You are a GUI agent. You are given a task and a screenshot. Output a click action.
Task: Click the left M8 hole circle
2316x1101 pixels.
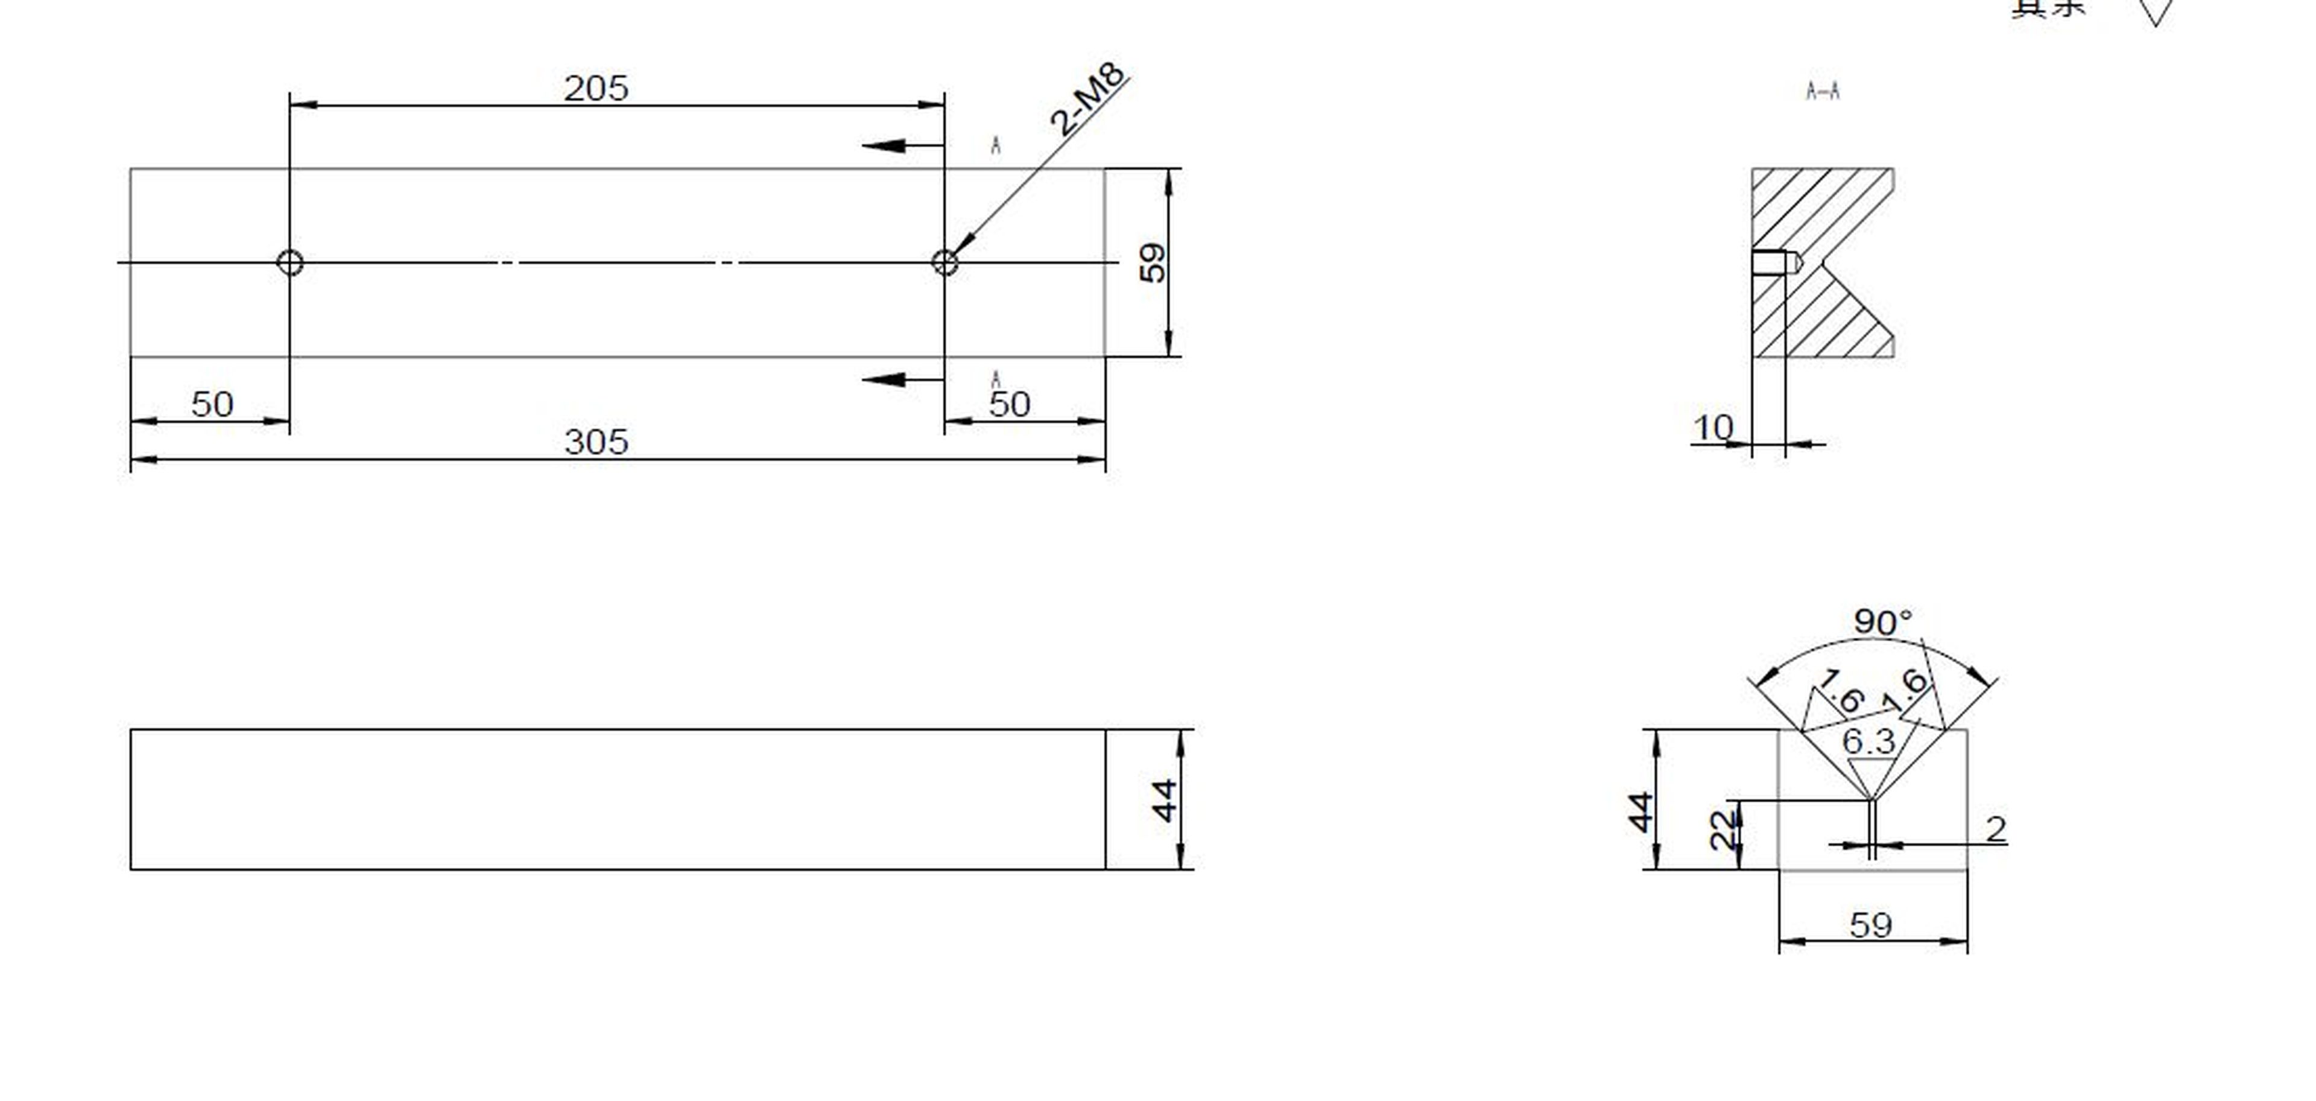pyautogui.click(x=289, y=262)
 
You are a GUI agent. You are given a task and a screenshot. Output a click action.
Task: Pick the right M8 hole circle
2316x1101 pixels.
pyautogui.click(x=944, y=262)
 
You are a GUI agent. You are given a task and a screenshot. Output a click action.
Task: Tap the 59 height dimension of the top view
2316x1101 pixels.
pyautogui.click(x=1153, y=262)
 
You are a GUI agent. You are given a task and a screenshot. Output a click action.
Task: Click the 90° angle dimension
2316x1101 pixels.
pyautogui.click(x=1882, y=621)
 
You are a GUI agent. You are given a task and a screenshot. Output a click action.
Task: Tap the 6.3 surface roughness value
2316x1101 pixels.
pyautogui.click(x=1868, y=742)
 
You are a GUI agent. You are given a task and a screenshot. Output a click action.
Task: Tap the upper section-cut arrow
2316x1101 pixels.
pyautogui.click(x=885, y=145)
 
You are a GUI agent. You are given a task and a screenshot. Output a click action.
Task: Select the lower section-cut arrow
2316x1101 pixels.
pyautogui.click(x=885, y=379)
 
